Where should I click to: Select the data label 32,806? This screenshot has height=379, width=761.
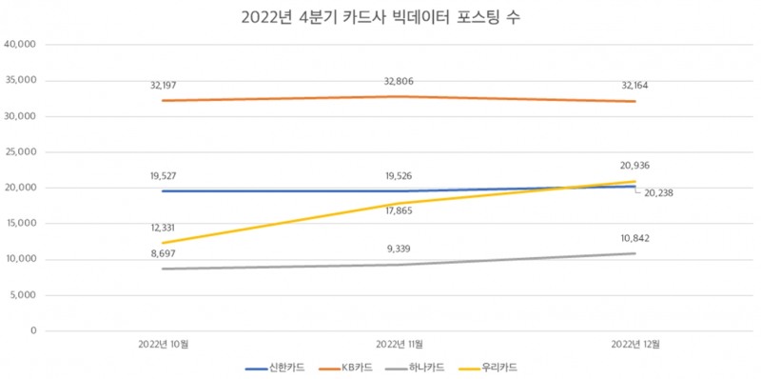(x=399, y=81)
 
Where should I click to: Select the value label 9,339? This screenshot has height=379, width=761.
(x=399, y=249)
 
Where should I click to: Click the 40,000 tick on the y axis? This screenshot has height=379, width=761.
(x=20, y=45)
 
